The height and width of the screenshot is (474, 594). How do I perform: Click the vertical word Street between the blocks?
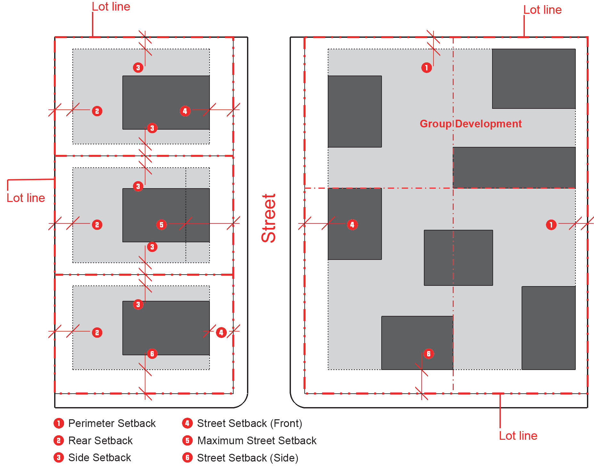268,218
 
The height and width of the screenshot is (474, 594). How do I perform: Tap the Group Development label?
470,124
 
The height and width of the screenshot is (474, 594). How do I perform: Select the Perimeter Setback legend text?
112,423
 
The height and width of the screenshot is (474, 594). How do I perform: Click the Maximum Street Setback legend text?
257,441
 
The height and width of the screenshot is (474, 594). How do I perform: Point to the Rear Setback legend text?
100,441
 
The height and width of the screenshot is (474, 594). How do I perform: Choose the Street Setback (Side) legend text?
248,458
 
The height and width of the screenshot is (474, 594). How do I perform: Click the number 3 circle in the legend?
58,458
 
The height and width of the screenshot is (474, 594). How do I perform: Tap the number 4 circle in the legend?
187,423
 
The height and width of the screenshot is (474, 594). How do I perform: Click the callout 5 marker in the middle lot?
161,225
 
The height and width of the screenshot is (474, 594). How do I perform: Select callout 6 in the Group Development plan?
429,354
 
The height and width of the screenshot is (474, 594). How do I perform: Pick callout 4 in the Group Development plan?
352,225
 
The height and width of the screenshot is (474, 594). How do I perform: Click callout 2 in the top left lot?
97,111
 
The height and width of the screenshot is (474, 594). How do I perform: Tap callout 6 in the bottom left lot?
152,354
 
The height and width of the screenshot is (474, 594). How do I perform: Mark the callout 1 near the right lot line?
551,225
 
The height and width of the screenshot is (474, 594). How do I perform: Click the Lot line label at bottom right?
518,436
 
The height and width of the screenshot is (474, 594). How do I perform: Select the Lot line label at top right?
542,10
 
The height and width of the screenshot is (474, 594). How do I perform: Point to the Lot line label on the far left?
26,198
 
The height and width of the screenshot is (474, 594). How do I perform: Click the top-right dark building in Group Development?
534,79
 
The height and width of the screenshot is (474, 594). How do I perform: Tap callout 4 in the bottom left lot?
221,333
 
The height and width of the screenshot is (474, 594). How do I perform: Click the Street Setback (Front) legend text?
250,423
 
